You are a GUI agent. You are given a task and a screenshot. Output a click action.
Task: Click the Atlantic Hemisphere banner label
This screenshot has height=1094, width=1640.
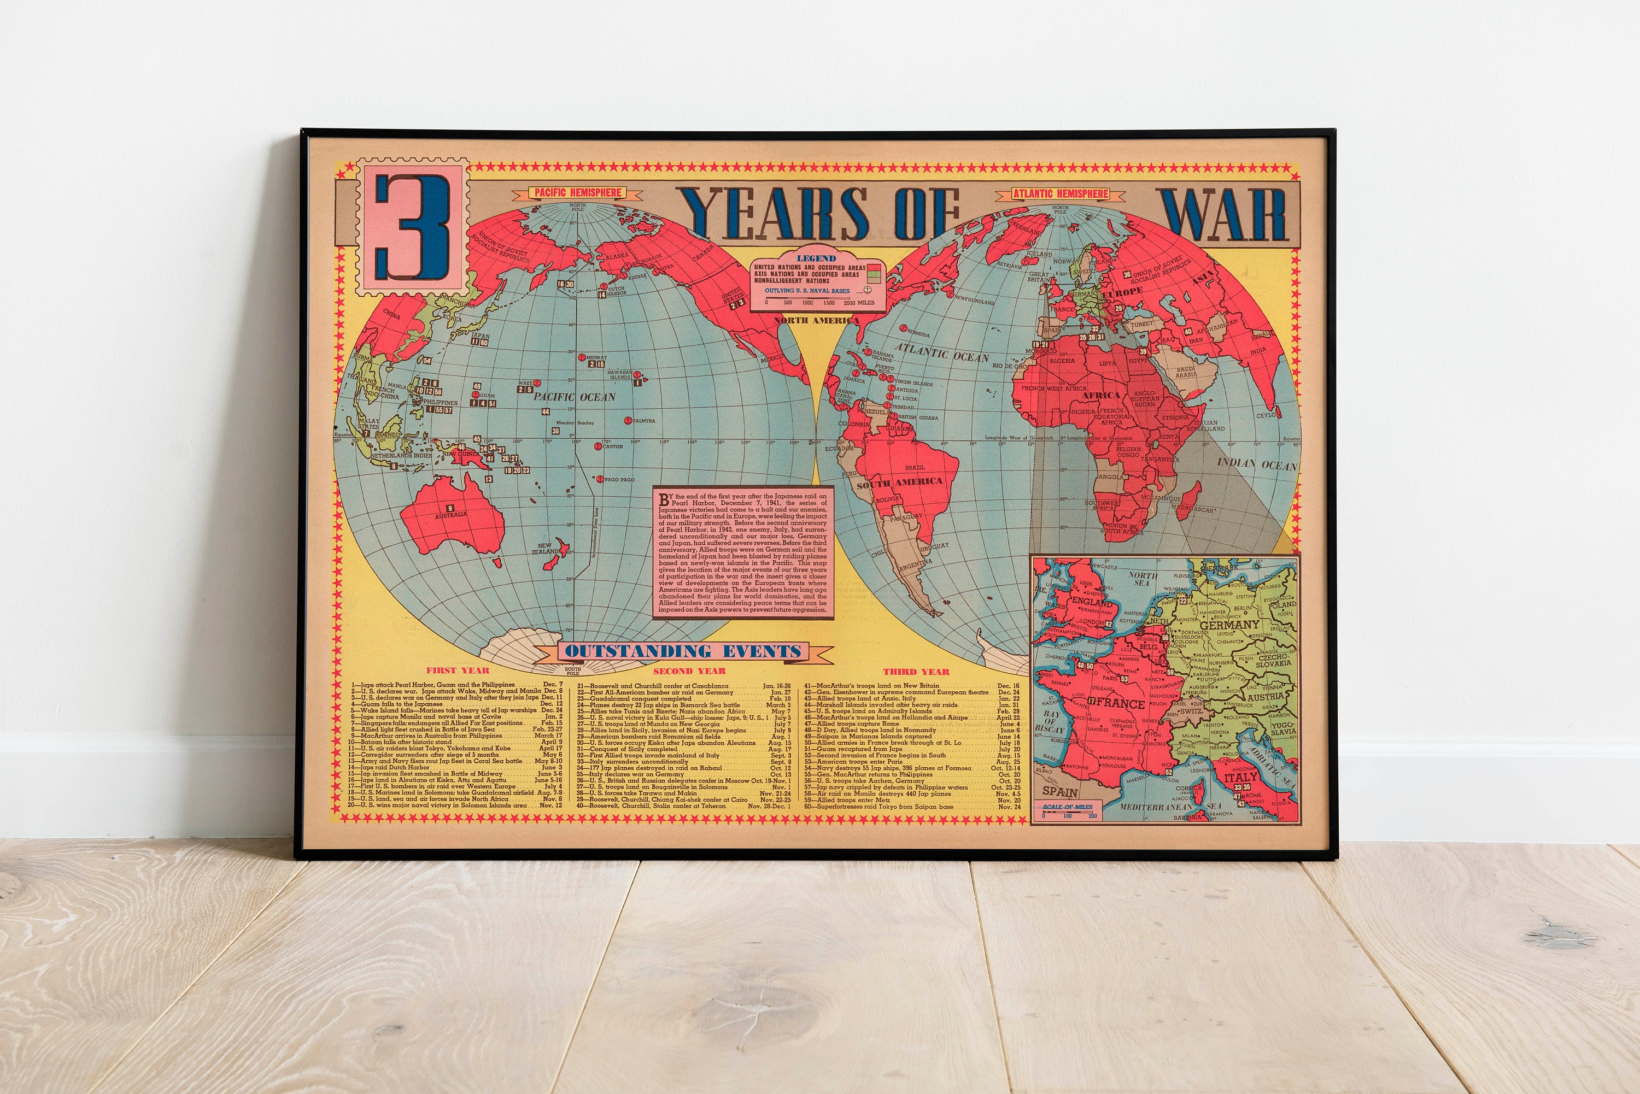[x=1060, y=193]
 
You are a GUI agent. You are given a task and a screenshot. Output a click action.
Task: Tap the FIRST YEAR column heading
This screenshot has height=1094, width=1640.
[x=458, y=670]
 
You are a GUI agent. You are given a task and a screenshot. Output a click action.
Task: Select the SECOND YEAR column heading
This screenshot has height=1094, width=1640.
[x=689, y=671]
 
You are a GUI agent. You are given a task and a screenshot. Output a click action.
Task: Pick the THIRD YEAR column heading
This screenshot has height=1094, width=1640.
[x=916, y=672]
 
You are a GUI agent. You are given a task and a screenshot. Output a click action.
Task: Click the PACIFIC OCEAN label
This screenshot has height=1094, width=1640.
[x=575, y=397]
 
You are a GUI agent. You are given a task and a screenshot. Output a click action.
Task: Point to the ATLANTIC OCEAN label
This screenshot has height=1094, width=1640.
[x=941, y=352]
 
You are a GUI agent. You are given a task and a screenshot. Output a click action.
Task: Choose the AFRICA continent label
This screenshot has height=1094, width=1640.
[x=1100, y=396]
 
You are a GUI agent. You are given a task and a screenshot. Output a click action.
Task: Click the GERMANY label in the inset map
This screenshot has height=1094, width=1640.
[x=1229, y=625]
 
